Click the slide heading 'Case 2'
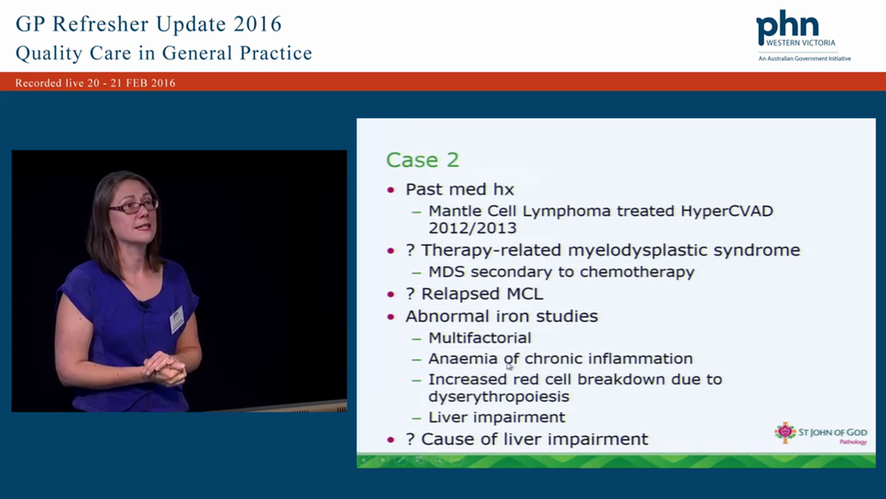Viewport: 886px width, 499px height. coord(422,160)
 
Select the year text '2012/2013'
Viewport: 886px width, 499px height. coord(472,228)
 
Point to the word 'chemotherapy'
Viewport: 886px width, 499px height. coord(637,272)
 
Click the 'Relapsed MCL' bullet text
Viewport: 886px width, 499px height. coord(482,294)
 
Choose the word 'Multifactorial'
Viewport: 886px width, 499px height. coord(480,338)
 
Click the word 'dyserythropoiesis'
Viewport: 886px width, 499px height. coord(498,396)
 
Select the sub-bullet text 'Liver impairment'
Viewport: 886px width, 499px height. coord(496,417)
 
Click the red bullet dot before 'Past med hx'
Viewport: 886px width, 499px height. coord(392,190)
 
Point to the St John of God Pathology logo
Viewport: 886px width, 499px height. coord(820,434)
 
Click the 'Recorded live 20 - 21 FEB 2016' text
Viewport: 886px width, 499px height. coord(96,83)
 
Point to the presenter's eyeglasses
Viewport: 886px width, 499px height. coord(133,206)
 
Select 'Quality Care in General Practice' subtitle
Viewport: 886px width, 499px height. coord(163,53)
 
